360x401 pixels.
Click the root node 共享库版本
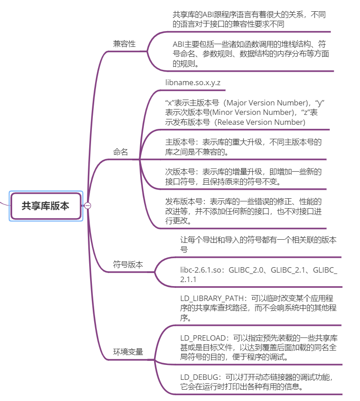pyautogui.click(x=46, y=206)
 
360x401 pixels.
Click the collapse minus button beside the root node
pyautogui.click(x=88, y=205)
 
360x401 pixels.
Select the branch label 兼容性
pyautogui.click(x=124, y=44)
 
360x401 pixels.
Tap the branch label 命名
pyautogui.click(x=120, y=152)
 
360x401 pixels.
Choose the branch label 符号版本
pyautogui.click(x=128, y=264)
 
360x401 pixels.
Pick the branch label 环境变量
pyautogui.click(x=128, y=352)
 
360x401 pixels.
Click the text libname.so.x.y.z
pyautogui.click(x=193, y=82)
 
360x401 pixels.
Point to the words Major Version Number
pyautogui.click(x=267, y=103)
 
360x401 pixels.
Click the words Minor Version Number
pyautogui.click(x=253, y=112)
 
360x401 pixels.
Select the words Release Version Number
pyautogui.click(x=260, y=122)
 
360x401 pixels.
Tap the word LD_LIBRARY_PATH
pyautogui.click(x=212, y=298)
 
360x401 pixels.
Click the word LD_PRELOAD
pyautogui.click(x=203, y=338)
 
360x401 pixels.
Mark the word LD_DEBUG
pyautogui.click(x=199, y=377)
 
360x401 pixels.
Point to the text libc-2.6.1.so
pyautogui.click(x=201, y=270)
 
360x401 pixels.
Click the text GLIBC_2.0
pyautogui.click(x=246, y=270)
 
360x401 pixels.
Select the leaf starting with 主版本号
pyautogui.click(x=243, y=147)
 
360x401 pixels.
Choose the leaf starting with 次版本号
pyautogui.click(x=243, y=177)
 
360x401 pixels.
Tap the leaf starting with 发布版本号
pyautogui.click(x=243, y=211)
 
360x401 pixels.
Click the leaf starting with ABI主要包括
pyautogui.click(x=251, y=54)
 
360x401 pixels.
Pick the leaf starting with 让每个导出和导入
pyautogui.click(x=258, y=245)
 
